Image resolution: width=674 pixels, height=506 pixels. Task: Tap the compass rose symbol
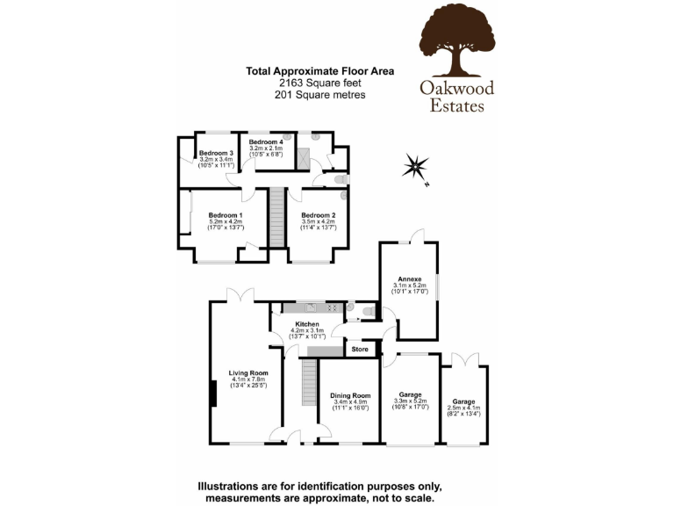(415, 166)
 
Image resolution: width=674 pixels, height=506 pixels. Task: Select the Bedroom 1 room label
(226, 215)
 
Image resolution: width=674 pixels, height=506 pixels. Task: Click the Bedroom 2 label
(319, 215)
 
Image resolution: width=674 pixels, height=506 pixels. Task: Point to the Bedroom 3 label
(215, 153)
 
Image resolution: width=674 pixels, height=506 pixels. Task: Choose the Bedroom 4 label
(265, 141)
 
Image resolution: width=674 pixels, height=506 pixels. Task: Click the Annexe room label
(410, 279)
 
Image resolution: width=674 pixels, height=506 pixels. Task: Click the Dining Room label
(349, 395)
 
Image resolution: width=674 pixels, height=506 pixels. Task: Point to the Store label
(360, 350)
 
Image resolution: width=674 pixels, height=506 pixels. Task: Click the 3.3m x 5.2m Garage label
(410, 395)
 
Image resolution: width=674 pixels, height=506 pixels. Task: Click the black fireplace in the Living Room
(213, 392)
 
